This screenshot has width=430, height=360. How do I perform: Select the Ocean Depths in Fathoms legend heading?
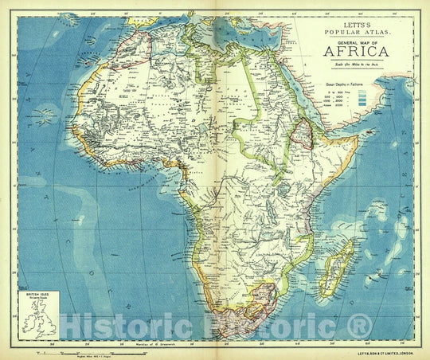(351, 82)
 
